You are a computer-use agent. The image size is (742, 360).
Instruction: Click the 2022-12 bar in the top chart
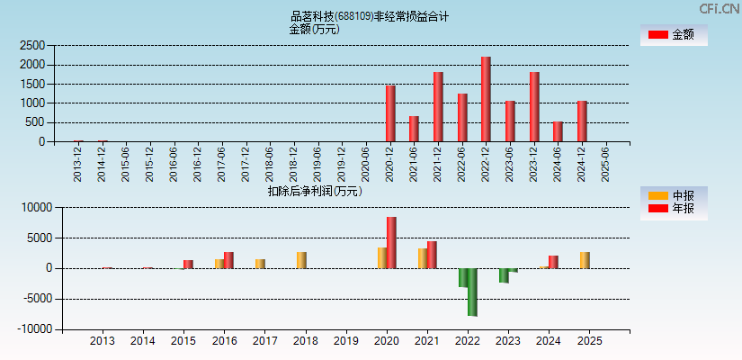point(486,99)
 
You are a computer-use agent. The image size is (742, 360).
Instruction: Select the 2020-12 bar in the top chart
point(390,113)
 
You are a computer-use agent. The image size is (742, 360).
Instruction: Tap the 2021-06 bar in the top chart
point(414,129)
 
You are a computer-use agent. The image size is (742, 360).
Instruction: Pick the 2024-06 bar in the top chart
point(558,131)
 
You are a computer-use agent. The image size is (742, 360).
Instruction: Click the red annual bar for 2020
point(391,242)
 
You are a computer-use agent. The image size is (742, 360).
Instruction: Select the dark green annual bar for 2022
point(472,292)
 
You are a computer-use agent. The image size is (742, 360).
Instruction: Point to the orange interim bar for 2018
point(301,259)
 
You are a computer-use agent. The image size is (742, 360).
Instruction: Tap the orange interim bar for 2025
point(585,259)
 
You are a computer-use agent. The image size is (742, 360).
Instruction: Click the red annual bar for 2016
point(228,259)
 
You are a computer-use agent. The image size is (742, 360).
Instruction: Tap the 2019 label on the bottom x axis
point(346,342)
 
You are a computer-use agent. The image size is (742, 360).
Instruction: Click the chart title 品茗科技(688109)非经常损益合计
point(370,16)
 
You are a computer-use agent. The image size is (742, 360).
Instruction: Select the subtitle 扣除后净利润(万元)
point(314,191)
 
